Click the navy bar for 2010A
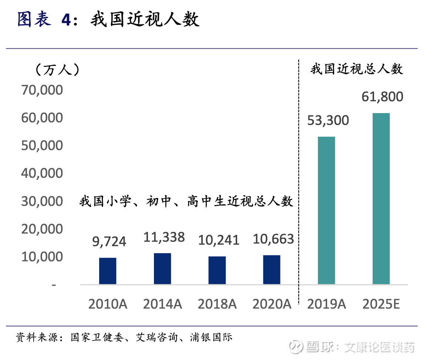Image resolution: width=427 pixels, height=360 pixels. point(108,271)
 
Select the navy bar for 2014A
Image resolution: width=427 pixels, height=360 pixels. point(162,269)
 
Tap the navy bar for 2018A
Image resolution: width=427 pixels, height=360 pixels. point(217,270)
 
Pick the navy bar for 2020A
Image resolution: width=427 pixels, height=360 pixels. point(272,270)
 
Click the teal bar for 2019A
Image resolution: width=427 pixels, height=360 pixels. point(326,211)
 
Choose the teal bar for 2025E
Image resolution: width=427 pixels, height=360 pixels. point(381,199)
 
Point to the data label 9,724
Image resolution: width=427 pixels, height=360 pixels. point(109,242)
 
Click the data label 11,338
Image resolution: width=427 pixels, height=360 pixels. point(164,237)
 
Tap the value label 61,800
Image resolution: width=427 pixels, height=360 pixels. point(382,97)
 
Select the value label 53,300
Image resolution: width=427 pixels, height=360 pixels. point(328,120)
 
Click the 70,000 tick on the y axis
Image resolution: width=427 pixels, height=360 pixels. point(42,90)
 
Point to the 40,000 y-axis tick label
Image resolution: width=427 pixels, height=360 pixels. point(42,173)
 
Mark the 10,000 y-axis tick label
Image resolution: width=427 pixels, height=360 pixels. point(42,257)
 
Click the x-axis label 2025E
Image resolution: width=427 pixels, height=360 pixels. point(381,304)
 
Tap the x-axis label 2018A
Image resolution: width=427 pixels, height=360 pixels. point(217,304)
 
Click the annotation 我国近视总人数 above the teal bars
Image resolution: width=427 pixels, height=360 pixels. point(356,69)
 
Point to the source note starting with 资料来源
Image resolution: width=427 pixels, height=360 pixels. point(124,337)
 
